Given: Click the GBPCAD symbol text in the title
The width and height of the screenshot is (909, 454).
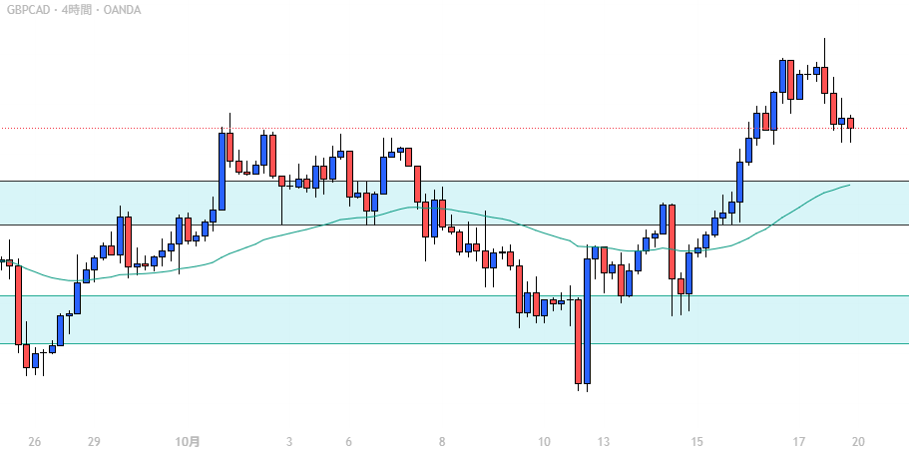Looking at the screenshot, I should coord(29,10).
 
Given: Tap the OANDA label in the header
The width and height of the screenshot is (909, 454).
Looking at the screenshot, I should coord(121,10).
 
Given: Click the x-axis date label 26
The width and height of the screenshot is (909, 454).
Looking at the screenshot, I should coord(35,442).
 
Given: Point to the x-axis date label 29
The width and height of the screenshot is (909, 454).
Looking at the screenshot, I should coord(94,442).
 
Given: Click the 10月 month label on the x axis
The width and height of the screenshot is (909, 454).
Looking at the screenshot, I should coord(187,442).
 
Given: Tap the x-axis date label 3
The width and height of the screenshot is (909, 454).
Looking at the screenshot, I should coord(289,442).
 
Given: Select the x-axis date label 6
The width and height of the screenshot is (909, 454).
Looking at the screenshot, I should coord(348,442).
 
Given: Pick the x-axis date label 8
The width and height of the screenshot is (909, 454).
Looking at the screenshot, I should coord(441,442).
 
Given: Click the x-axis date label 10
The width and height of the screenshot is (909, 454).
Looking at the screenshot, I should coord(544,442).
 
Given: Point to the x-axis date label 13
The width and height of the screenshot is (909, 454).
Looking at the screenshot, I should coord(603,442).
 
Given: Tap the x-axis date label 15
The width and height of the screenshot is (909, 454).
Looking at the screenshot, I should coord(696,442).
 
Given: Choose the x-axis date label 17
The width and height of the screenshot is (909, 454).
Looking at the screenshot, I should coord(799,442).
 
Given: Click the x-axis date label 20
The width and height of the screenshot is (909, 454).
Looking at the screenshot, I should coord(858,442).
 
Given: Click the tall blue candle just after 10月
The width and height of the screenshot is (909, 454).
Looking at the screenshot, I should coord(222,171).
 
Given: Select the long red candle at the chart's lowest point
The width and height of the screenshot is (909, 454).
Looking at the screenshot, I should coord(578,341).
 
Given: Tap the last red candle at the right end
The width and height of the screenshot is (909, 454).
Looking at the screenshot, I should coord(851,124).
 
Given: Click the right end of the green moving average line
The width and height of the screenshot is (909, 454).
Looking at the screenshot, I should coord(849,185).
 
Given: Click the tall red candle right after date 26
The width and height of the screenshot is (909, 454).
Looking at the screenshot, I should coord(18,304).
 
